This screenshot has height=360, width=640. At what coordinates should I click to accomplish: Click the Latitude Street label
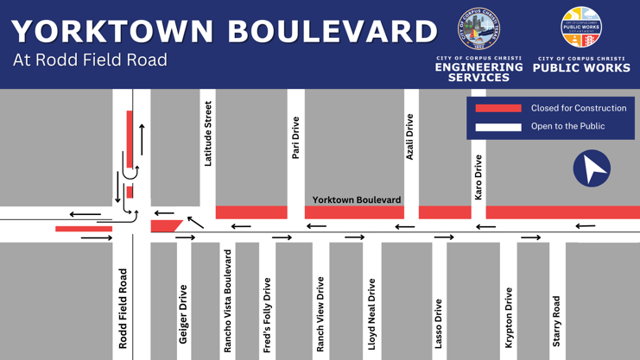pos(207,134)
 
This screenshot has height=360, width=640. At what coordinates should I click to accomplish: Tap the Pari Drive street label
pos(295,138)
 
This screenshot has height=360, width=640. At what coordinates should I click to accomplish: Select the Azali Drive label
pos(409,136)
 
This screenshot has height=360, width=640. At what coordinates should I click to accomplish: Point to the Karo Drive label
pos(478,178)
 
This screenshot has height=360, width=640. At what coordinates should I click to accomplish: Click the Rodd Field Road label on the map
pos(123,308)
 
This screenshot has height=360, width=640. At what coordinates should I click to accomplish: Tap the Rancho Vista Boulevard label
pos(228,301)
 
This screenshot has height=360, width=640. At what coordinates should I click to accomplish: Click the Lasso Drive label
pos(439,323)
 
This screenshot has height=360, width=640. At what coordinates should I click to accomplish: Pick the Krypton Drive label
pos(509,318)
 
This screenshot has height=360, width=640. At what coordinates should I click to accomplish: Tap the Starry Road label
pos(556,321)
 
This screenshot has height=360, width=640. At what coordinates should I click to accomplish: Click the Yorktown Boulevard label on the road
pos(357,199)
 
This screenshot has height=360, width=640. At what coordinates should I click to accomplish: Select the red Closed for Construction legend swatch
pos(498,109)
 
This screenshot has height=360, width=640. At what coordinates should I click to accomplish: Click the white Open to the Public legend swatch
pos(498,127)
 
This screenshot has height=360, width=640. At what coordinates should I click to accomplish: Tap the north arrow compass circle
pos(592,168)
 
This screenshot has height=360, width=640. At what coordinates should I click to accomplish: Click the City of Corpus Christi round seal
pos(478,29)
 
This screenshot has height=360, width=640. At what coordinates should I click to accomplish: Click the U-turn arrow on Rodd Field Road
pos(131,173)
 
